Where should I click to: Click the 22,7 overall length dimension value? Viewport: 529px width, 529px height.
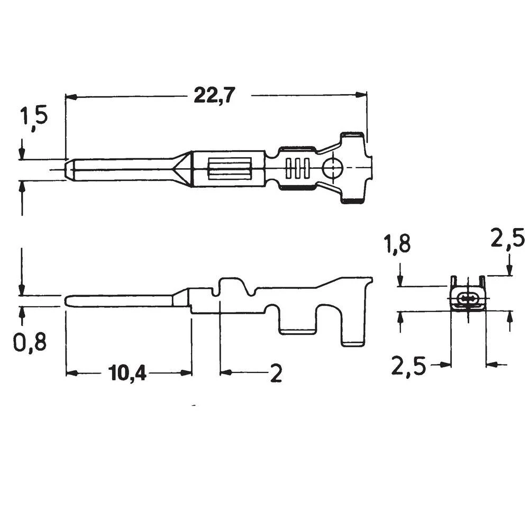point(214,95)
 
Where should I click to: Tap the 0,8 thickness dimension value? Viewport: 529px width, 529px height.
point(30,343)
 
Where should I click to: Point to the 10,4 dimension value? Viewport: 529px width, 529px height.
point(127,373)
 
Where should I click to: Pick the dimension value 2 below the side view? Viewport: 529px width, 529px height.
point(276,374)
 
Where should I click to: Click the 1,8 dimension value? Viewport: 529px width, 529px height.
point(398,246)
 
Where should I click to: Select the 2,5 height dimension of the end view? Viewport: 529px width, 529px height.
point(507,238)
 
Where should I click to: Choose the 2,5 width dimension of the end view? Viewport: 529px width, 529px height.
point(408,366)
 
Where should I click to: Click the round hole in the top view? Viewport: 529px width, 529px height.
point(333,170)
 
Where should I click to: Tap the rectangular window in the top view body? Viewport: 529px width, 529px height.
point(230,170)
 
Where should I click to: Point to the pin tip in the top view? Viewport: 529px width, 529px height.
point(68,170)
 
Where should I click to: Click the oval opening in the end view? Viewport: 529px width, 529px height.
point(467,299)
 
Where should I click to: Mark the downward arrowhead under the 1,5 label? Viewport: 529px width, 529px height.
point(21,154)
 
